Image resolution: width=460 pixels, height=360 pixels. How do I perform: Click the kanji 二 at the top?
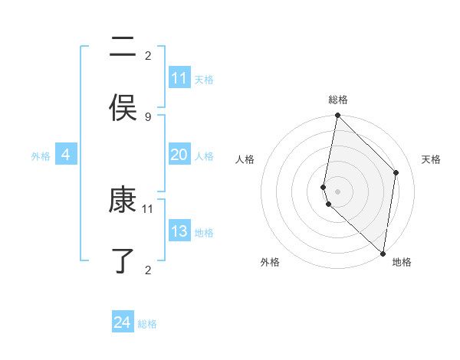tap(123, 48)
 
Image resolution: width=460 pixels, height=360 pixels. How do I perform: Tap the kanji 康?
tap(123, 201)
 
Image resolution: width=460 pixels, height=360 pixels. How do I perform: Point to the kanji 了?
tap(123, 261)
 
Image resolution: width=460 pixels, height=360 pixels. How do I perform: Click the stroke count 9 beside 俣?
tap(148, 116)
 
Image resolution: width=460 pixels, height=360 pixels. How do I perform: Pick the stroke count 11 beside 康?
tap(148, 208)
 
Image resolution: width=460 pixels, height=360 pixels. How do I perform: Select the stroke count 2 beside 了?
tap(148, 269)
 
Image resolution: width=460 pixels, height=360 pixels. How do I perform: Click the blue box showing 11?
tap(179, 78)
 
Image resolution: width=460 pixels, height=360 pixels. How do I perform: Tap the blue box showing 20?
tap(179, 155)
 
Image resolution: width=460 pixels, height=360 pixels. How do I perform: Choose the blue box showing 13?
tap(179, 231)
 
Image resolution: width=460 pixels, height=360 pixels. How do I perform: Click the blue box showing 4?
tap(66, 155)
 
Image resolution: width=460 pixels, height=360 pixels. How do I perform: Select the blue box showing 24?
tap(123, 322)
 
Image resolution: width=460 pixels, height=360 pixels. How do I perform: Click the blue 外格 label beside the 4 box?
tap(41, 156)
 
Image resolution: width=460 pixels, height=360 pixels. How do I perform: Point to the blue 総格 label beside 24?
tap(147, 324)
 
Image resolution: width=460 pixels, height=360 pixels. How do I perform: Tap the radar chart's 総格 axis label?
tap(338, 100)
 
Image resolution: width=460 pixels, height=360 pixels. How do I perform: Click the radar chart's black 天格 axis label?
tap(431, 159)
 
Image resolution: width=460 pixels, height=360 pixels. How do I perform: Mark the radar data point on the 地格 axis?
tap(383, 254)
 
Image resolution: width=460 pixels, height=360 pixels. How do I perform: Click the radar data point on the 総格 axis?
tap(337, 116)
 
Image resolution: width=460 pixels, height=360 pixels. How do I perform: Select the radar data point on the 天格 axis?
tap(396, 172)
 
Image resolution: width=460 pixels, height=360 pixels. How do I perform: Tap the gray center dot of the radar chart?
tap(337, 191)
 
